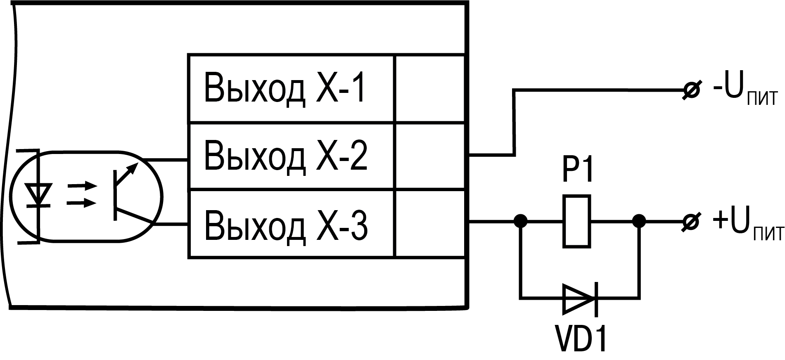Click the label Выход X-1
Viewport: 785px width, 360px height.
point(285,88)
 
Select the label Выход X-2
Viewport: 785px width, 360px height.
point(285,156)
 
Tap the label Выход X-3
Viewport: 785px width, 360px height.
point(285,225)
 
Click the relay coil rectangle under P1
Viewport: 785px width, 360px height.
point(577,222)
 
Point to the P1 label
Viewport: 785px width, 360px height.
point(577,170)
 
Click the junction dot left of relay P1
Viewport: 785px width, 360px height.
point(521,222)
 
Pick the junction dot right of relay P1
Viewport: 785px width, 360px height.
point(639,222)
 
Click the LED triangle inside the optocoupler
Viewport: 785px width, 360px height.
point(38,194)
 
